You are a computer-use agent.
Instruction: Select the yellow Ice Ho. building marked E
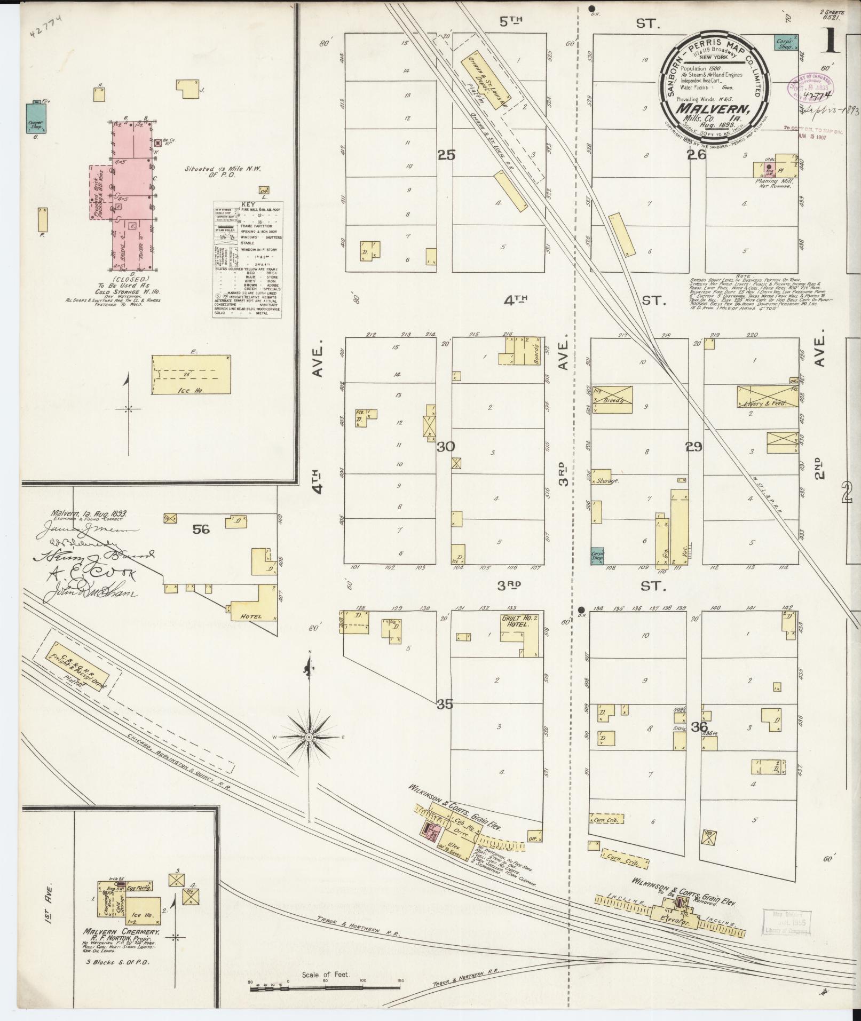coord(192,375)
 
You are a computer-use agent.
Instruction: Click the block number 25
coord(446,155)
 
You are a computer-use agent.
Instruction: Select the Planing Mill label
coord(772,181)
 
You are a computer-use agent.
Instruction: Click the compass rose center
coord(309,737)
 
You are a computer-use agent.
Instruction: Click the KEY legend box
coord(248,259)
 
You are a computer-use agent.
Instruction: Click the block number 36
coord(699,726)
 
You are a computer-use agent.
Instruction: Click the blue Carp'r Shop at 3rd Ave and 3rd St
coord(597,556)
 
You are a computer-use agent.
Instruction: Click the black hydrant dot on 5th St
coord(591,9)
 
